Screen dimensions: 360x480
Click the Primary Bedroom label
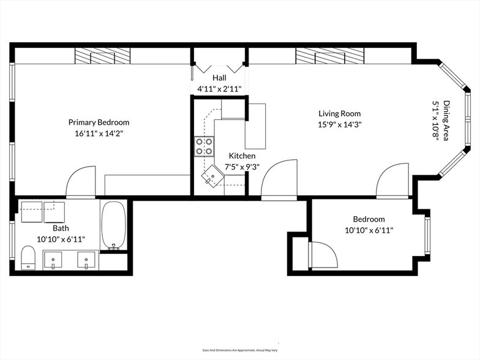99,122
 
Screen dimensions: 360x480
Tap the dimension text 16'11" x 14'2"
99,133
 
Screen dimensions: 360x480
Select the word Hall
219,78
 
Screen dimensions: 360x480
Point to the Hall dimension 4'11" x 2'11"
219,89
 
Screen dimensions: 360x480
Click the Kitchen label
242,156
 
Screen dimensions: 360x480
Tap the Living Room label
339,113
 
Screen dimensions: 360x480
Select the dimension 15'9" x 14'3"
339,124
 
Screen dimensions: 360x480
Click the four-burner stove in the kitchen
204,146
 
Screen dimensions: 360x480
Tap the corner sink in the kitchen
212,176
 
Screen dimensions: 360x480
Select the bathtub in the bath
113,225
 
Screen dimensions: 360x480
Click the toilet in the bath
28,257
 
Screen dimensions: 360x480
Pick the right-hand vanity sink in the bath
87,260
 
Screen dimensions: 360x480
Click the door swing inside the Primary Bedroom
80,181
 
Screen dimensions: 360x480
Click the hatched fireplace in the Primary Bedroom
102,56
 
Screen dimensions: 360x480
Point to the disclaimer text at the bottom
239,350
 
